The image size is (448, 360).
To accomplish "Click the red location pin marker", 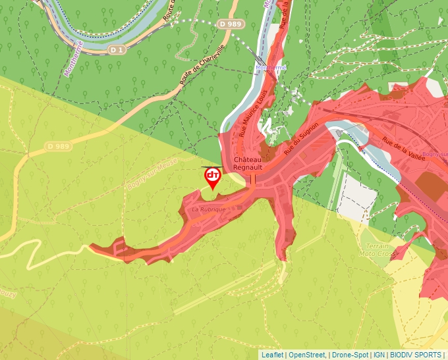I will pos(213,176).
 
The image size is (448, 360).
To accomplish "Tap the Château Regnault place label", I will pos(248,164).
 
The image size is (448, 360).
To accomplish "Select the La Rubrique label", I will pos(208,209).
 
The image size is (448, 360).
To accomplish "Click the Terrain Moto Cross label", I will pos(378,249).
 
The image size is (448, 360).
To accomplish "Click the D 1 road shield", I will pos(117,50).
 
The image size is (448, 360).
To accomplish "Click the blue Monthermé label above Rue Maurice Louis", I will pos(270,68).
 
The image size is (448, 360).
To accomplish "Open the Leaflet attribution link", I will pos(272,355).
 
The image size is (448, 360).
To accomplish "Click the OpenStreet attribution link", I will pos(308,355).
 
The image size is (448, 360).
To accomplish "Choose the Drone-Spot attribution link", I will pos(350,355).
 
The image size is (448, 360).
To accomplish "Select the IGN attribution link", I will pos(379,355).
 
